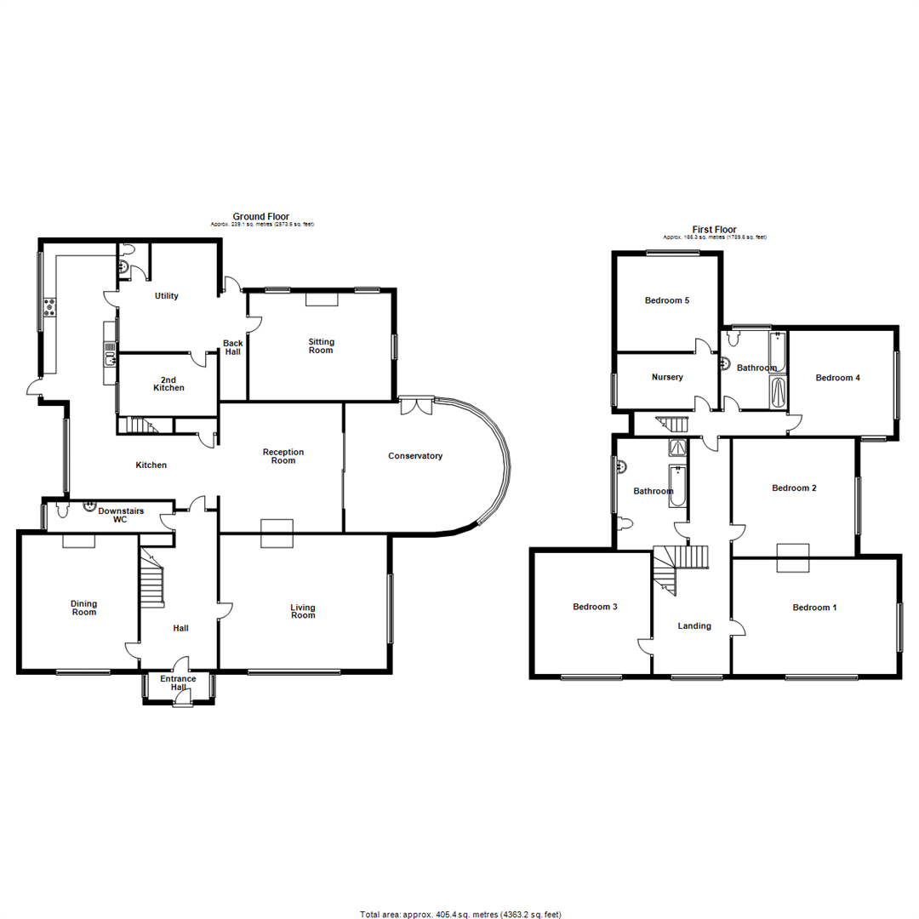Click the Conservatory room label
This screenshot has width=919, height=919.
click(x=415, y=456)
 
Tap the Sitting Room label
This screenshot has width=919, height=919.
click(x=321, y=345)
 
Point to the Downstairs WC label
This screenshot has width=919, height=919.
click(x=121, y=515)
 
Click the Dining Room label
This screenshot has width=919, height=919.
click(x=83, y=608)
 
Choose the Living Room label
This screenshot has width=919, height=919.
click(x=303, y=611)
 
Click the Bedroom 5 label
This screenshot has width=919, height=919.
click(x=667, y=300)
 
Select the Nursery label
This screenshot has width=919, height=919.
click(x=667, y=377)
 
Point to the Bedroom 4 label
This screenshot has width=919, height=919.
click(x=838, y=377)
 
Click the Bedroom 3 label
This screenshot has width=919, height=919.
click(x=595, y=607)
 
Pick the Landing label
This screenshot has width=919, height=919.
click(x=694, y=626)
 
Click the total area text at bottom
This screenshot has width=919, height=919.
click(x=460, y=915)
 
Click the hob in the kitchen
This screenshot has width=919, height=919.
click(x=49, y=307)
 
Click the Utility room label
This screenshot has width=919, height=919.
click(x=166, y=296)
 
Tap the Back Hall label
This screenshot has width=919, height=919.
click(x=233, y=347)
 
